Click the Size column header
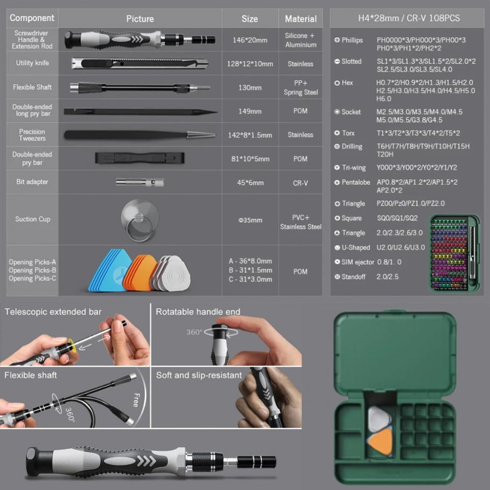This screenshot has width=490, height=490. [250, 19]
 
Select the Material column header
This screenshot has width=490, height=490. [301, 19]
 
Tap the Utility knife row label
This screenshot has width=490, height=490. [32, 63]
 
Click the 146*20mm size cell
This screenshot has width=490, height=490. [250, 40]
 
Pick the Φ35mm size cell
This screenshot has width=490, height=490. [250, 220]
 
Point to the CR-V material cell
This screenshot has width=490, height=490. [300, 183]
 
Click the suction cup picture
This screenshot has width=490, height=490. [140, 220]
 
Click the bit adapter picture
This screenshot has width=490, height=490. [140, 182]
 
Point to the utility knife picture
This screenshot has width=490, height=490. [140, 63]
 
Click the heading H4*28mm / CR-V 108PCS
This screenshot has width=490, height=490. [409, 18]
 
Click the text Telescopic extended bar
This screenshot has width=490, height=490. [53, 312]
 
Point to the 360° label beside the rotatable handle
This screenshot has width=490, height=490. [195, 332]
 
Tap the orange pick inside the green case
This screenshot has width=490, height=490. [381, 441]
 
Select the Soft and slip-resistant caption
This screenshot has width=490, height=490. [199, 375]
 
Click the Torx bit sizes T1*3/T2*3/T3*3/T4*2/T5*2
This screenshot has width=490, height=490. [418, 133]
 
